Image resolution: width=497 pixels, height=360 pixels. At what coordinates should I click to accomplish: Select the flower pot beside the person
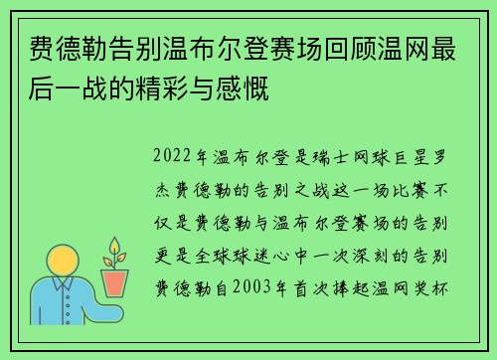[116, 283]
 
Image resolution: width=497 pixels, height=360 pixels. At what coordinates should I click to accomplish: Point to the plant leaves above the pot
[116, 253]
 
